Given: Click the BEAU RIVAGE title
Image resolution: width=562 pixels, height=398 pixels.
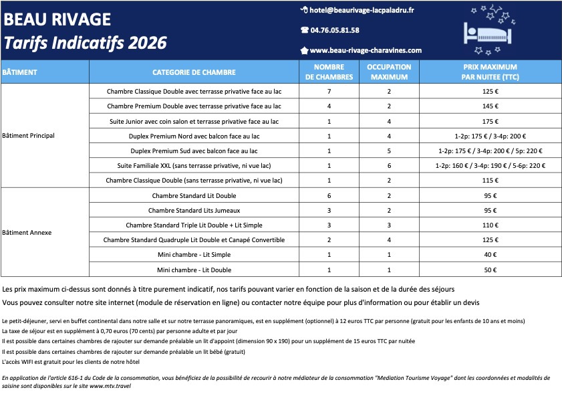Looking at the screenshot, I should click(57, 19).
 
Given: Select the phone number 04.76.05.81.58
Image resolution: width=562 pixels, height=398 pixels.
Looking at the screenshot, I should click(335, 30).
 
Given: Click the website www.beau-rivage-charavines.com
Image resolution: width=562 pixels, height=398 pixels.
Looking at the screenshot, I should click(366, 50).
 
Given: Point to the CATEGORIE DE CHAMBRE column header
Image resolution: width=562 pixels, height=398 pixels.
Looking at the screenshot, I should click(194, 72).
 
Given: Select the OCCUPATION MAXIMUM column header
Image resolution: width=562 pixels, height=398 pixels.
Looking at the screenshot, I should click(389, 72).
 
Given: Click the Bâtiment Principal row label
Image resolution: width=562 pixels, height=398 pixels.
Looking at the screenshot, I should click(29, 135).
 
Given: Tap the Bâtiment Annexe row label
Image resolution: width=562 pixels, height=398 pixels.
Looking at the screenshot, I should click(27, 233).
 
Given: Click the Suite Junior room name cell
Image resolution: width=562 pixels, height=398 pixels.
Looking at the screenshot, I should click(194, 121).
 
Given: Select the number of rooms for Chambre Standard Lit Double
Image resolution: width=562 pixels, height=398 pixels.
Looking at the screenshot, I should click(329, 195).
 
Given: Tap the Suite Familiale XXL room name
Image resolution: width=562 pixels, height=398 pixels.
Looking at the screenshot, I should click(194, 165).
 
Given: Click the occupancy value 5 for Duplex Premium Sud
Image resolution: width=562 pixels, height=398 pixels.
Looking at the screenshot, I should click(389, 151).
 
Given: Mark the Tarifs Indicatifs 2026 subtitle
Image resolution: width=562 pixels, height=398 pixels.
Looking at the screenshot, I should click(86, 43).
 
